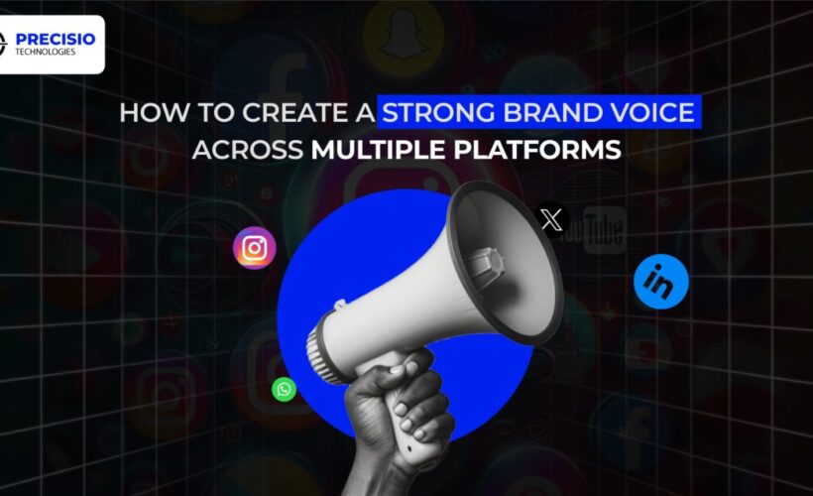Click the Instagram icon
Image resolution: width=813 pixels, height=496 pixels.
point(254,248)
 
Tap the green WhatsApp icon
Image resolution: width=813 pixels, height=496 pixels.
point(285,389)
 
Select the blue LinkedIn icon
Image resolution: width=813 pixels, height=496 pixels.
point(660,281)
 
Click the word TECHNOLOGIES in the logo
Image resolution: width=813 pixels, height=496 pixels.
point(46,52)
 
